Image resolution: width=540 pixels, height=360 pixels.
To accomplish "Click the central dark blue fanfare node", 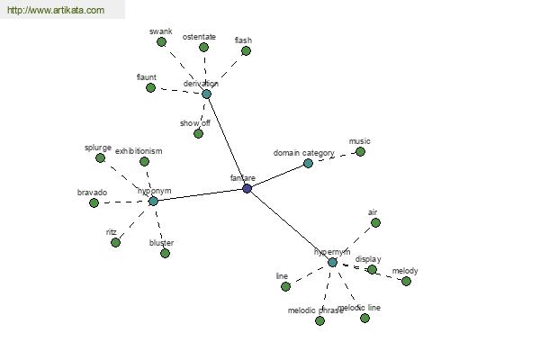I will [247, 188].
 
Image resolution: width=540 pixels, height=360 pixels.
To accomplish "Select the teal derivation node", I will [206, 94].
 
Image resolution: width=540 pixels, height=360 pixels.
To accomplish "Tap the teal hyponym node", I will [153, 201].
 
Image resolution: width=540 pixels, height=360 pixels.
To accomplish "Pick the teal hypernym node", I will [332, 262].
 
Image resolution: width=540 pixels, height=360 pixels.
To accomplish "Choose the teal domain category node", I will [308, 163].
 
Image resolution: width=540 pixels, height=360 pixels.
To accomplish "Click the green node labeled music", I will [360, 151].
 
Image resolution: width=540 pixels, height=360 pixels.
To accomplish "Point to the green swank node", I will [162, 41].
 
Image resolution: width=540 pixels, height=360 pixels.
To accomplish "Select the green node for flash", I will [246, 51].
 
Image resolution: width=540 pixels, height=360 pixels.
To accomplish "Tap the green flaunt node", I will [151, 87].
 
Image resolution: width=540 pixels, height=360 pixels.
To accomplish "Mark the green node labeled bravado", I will [94, 202].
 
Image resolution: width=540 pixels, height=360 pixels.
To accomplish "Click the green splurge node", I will [101, 157].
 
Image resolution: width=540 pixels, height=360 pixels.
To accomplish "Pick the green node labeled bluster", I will [165, 253].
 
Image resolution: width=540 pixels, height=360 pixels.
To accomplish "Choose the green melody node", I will [406, 281].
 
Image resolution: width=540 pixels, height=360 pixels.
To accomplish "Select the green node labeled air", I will [375, 222].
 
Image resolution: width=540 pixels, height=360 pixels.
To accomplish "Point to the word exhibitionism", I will [139, 151].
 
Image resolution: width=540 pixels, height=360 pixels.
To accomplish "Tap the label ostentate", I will [199, 37].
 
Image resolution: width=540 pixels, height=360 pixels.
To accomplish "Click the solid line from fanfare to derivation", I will [227, 140].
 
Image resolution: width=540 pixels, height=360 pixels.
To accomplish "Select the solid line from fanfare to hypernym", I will [290, 225].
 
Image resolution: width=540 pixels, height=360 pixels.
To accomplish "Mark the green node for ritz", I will [115, 242].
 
